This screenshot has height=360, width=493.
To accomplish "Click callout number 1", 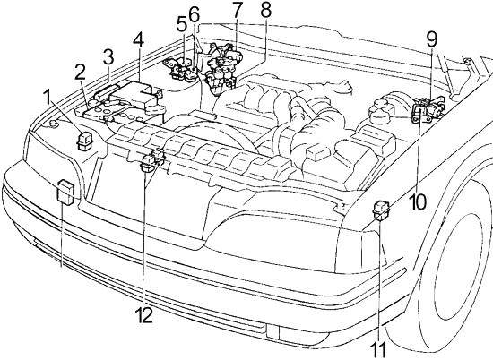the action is [x=48, y=98].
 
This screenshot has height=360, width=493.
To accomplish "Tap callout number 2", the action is [x=80, y=73].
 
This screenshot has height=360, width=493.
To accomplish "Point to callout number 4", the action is [x=138, y=41].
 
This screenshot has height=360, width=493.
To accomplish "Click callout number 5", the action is [x=181, y=24].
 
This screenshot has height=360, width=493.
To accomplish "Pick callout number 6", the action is [x=194, y=14].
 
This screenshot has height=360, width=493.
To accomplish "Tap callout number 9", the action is [x=432, y=39].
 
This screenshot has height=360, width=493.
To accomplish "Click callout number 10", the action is [x=418, y=201].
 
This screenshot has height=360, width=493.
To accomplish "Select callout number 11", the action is [x=378, y=349].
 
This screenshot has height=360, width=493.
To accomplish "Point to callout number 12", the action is [x=144, y=314].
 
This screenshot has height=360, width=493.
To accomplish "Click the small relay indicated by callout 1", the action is [x=84, y=141].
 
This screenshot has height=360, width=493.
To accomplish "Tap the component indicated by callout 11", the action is [x=381, y=211].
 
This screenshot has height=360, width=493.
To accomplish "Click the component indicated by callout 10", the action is [x=419, y=113].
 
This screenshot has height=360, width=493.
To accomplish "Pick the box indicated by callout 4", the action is [x=134, y=94].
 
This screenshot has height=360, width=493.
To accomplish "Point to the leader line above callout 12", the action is [x=144, y=239].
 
